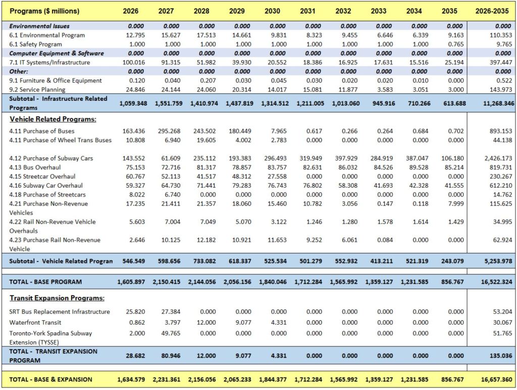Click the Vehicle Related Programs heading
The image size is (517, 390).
click(53, 119)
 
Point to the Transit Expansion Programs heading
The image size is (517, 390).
click(57, 298)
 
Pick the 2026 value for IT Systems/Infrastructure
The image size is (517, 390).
click(133, 62)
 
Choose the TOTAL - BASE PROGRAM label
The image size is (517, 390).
click(45, 282)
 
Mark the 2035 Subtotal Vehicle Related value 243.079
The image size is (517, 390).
click(455, 261)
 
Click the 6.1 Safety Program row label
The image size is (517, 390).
click(36, 44)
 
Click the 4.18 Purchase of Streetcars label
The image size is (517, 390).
click(48, 195)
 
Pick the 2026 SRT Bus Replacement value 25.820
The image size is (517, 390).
click(133, 312)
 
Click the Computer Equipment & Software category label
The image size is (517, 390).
click(57, 53)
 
